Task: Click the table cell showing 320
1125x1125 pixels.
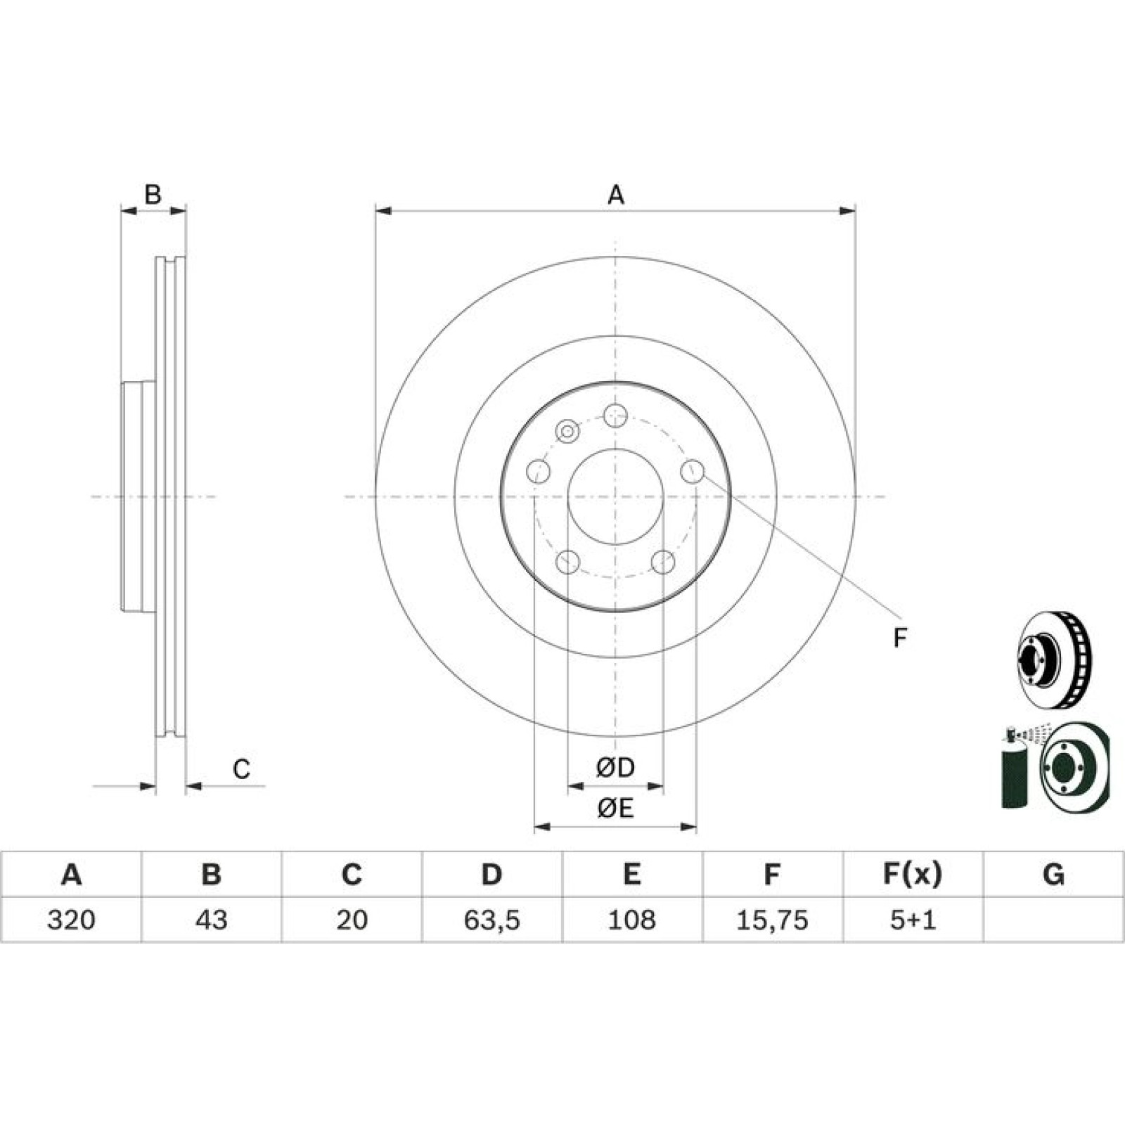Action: pos(71,920)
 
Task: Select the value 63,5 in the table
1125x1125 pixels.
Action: pos(491,920)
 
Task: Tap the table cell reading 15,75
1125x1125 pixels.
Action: pos(772,920)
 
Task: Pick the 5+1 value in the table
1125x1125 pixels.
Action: pos(913,920)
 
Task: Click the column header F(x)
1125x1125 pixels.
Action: pos(913,874)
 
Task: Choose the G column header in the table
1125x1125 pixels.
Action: pos(1053,874)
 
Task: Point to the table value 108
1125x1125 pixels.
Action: pos(631,920)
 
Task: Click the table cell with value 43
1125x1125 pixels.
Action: pos(211,920)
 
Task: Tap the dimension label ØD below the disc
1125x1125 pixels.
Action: pos(615,767)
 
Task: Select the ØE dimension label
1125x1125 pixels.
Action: pos(615,809)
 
